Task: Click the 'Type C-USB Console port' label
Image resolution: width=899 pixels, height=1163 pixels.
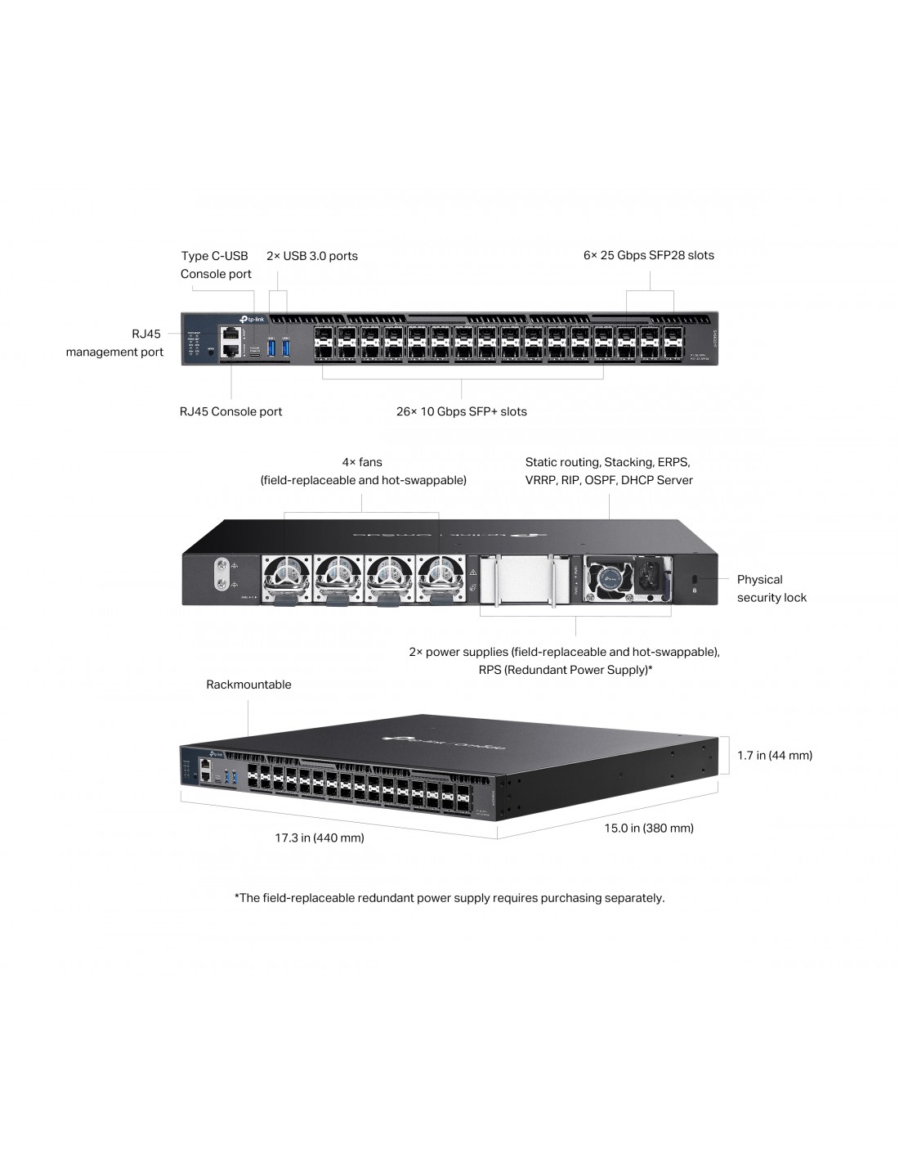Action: click(x=216, y=265)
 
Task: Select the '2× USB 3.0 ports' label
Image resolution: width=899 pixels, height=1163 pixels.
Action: click(x=312, y=256)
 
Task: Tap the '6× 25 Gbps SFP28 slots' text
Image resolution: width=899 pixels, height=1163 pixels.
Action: click(x=649, y=255)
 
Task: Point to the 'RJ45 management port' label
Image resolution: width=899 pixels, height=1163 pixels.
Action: click(x=115, y=343)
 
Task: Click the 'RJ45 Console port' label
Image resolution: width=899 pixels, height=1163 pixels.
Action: click(x=230, y=411)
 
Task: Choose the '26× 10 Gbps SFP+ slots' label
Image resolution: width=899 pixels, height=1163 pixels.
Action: click(x=462, y=411)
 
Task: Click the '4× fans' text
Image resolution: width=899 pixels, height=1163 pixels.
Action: click(x=362, y=462)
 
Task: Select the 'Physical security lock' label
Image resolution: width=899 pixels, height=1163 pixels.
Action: click(x=772, y=588)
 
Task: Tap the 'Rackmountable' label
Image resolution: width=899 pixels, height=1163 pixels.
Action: click(x=248, y=685)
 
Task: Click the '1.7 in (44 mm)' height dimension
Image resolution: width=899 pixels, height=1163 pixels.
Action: click(x=775, y=755)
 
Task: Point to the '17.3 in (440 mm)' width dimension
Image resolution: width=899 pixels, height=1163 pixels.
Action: click(x=320, y=837)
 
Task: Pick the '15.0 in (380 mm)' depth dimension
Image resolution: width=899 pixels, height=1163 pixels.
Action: click(x=649, y=828)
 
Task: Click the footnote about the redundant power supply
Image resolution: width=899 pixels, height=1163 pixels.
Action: click(x=449, y=898)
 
